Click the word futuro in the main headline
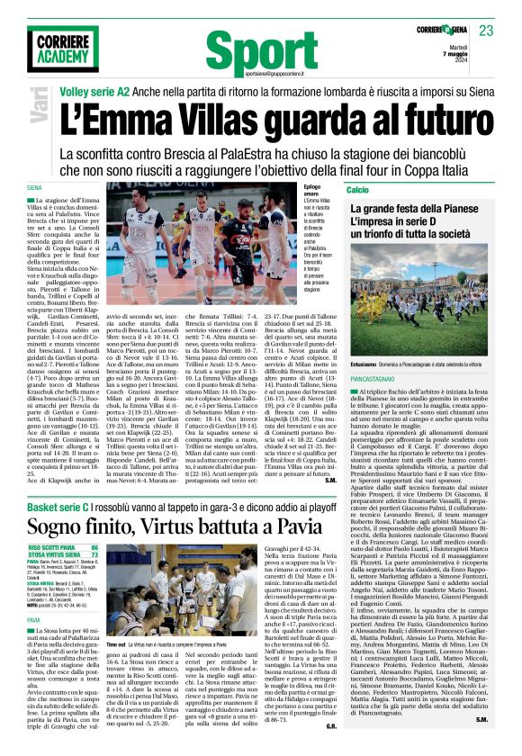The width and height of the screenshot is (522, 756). point(427,120)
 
